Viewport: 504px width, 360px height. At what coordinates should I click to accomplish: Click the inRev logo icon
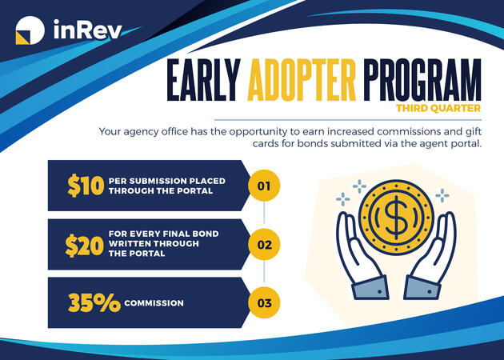click(29, 31)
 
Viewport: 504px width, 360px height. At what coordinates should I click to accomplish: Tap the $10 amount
click(86, 186)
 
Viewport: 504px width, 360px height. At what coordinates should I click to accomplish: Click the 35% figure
click(93, 303)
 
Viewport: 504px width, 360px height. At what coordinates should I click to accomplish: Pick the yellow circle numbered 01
click(263, 186)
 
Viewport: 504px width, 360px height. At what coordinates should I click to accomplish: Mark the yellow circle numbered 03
click(263, 303)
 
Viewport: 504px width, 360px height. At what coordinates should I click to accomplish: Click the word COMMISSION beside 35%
click(154, 303)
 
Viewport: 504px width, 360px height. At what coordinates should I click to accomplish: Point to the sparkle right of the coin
click(442, 194)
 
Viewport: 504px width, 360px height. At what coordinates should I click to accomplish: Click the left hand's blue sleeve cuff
click(370, 290)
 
